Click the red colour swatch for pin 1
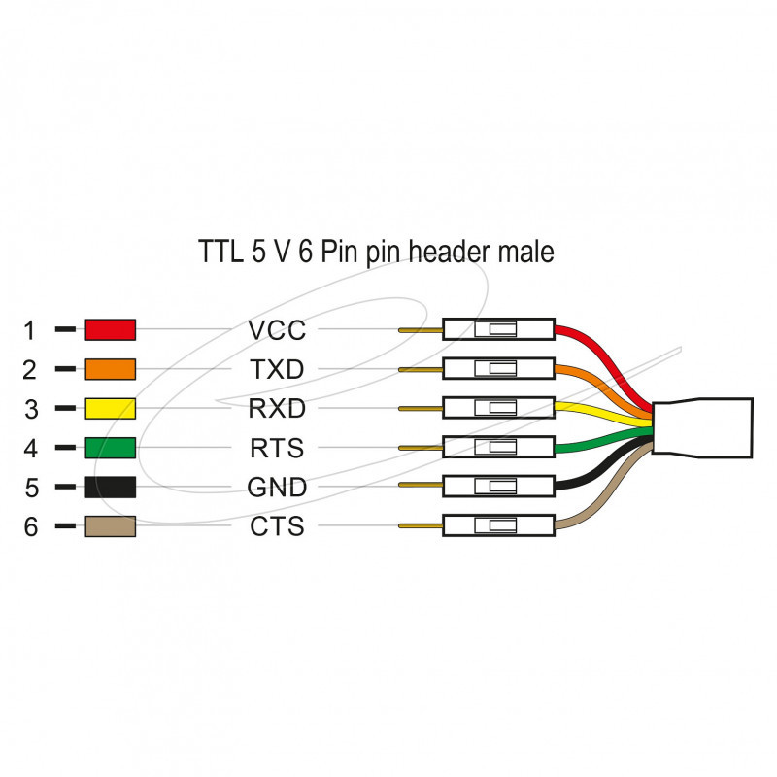point(110,330)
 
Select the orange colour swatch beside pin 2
point(110,370)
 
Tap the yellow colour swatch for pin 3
point(110,409)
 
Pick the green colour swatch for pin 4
point(110,448)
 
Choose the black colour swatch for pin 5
point(110,487)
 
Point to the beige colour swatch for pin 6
point(110,526)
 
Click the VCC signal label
point(277,330)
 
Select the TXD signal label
point(277,370)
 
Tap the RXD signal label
point(277,409)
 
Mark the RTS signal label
point(277,448)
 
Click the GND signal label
point(277,487)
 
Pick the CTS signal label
point(277,526)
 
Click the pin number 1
point(30,331)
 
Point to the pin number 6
point(30,527)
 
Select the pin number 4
point(30,449)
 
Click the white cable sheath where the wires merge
point(702,427)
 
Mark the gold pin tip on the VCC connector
point(420,330)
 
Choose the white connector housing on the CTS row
point(498,525)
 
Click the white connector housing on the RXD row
point(498,408)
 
